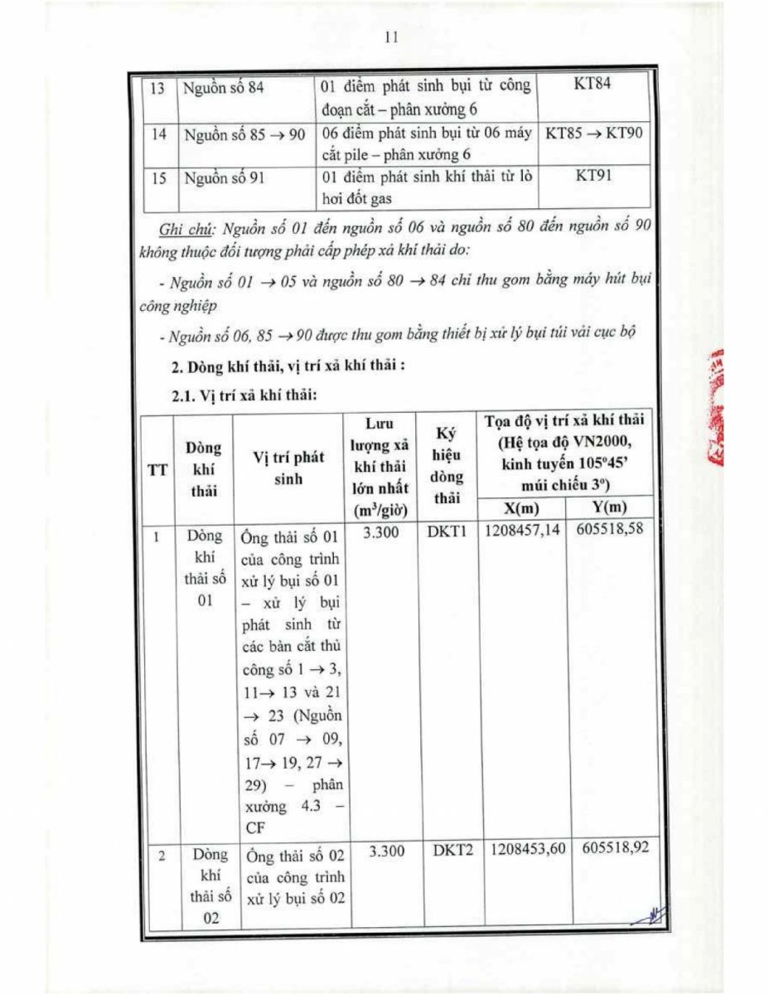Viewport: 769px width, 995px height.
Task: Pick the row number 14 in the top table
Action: click(x=157, y=133)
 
